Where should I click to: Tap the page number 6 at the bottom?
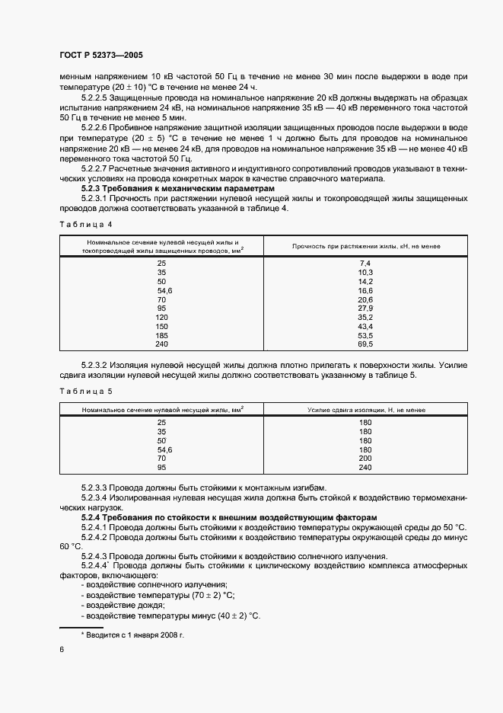pyautogui.click(x=62, y=649)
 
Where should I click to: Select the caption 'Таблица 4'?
pyautogui.click(x=84, y=224)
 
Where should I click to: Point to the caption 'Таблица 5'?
pyautogui.click(x=84, y=391)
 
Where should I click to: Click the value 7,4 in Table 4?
pyautogui.click(x=365, y=262)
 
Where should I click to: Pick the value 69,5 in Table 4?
pyautogui.click(x=365, y=344)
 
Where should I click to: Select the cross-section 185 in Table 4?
pyautogui.click(x=161, y=335)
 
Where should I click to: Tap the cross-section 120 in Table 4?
pyautogui.click(x=161, y=317)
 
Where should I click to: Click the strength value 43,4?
pyautogui.click(x=365, y=326)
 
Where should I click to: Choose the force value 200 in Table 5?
pyautogui.click(x=365, y=458)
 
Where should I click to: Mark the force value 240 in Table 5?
pyautogui.click(x=365, y=467)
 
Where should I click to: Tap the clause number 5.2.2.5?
pyautogui.click(x=95, y=98)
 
